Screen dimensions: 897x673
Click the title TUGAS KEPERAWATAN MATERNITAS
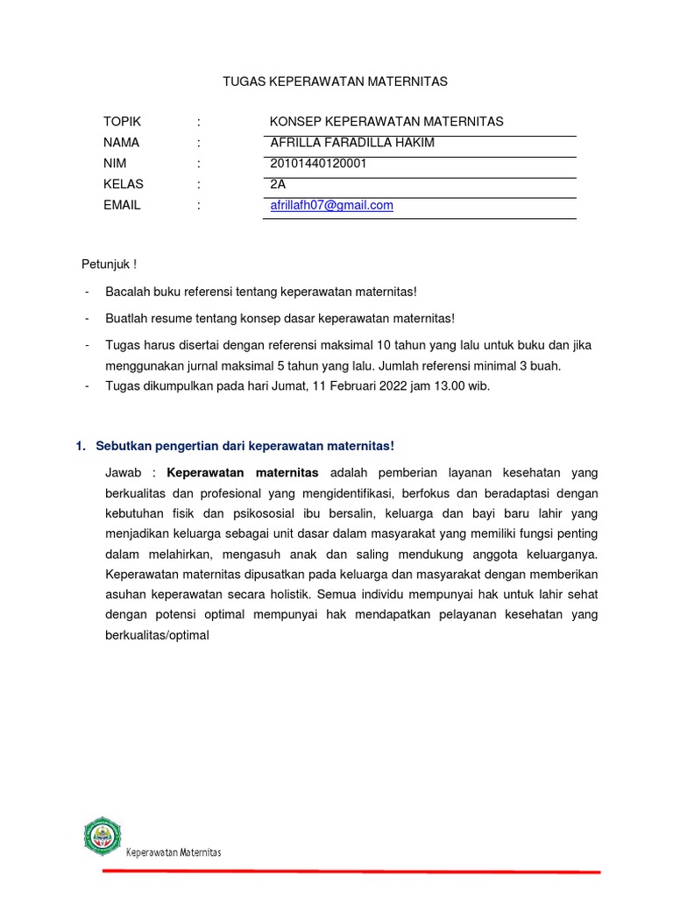[336, 81]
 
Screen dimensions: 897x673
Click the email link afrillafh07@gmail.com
[331, 206]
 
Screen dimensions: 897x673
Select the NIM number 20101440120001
[318, 164]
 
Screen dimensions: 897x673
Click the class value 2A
[278, 185]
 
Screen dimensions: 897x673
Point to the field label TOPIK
[122, 122]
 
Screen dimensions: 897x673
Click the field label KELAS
[123, 185]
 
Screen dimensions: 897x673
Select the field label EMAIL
[122, 206]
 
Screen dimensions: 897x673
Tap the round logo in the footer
[103, 836]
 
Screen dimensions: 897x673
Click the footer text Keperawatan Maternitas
[174, 852]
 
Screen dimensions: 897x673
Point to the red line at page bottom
[351, 872]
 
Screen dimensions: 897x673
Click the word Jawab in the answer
[122, 473]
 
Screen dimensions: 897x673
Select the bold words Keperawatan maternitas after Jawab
[243, 473]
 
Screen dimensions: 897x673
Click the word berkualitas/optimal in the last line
[157, 636]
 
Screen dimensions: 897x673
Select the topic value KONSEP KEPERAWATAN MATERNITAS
[386, 122]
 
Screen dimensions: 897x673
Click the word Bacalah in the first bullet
[127, 291]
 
